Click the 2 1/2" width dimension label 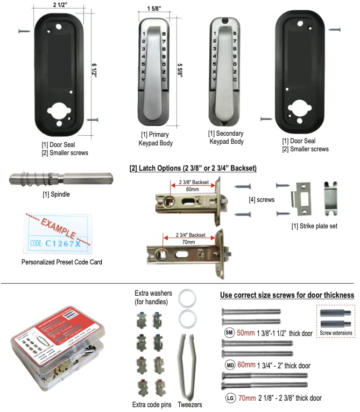[60, 5]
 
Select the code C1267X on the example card [63, 243]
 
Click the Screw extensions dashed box [335, 321]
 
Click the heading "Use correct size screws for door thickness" [287, 295]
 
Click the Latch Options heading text [193, 169]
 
